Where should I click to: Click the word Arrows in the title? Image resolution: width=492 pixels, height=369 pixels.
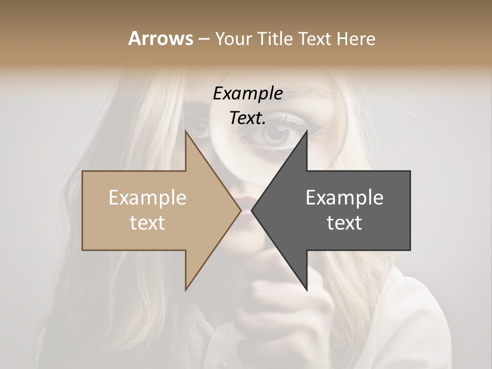point(160,38)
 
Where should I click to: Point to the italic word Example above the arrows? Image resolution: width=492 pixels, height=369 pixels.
point(248,93)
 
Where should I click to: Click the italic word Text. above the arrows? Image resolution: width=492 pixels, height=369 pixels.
point(248,118)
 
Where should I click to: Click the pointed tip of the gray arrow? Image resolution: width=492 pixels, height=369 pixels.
point(254,210)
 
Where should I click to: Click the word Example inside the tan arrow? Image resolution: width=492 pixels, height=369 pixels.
point(148,198)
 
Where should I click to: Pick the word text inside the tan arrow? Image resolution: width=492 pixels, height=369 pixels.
point(148,223)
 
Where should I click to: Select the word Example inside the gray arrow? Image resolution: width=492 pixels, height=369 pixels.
point(344,198)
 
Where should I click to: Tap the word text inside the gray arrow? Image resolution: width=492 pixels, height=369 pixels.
point(344,223)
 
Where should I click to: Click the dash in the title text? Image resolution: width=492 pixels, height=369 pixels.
point(203,39)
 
